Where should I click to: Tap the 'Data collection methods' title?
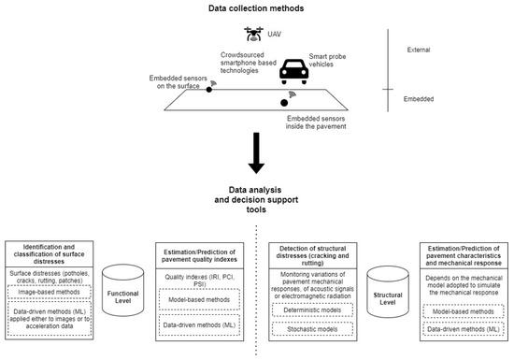click(x=255, y=7)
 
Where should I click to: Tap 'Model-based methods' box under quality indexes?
click(x=191, y=301)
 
